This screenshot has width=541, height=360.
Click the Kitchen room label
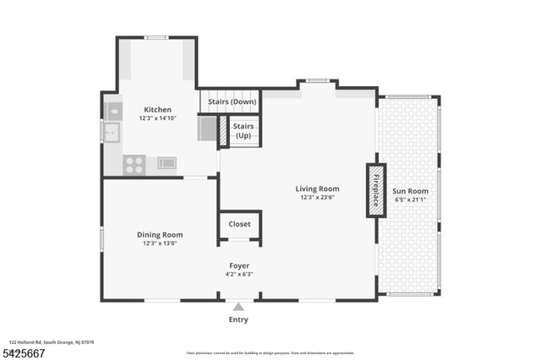click(x=157, y=110)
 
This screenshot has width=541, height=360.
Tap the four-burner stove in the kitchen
click(x=134, y=165)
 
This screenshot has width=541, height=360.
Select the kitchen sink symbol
click(x=110, y=132)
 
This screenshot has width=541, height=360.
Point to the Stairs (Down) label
click(x=233, y=103)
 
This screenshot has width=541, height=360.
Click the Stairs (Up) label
click(x=243, y=130)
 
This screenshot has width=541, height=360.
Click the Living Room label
click(x=317, y=188)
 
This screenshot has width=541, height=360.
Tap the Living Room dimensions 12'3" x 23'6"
click(x=317, y=198)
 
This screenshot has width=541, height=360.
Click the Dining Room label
click(x=160, y=235)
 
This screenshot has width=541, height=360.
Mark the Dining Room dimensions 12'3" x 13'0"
click(x=160, y=244)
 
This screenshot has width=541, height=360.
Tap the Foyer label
click(x=240, y=265)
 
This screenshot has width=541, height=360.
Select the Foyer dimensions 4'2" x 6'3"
click(x=240, y=275)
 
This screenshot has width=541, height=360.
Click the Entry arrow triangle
click(x=239, y=307)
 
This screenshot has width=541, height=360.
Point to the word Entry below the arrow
click(x=239, y=320)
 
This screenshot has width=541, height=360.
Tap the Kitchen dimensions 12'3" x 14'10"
click(x=157, y=119)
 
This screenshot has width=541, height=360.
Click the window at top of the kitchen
click(x=156, y=37)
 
